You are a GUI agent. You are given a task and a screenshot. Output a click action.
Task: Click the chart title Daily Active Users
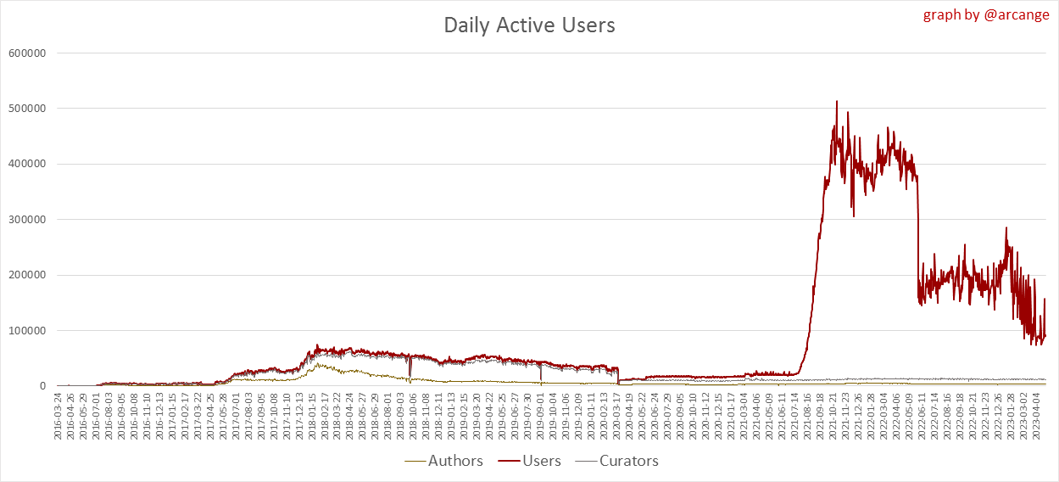click(529, 25)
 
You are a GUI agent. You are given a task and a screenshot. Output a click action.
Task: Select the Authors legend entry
click(455, 461)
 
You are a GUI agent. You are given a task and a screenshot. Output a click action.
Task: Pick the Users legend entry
click(542, 461)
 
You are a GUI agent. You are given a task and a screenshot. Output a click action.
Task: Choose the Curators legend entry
click(628, 461)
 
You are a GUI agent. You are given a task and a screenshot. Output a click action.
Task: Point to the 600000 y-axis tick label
click(27, 53)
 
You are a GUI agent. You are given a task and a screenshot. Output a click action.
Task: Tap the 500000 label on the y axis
click(27, 109)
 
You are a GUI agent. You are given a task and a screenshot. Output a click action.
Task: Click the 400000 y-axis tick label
click(27, 164)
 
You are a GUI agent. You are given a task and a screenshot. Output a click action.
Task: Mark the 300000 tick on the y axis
click(27, 220)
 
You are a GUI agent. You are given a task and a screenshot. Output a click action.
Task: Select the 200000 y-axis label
click(27, 275)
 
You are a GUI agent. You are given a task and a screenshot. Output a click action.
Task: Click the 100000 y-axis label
click(27, 331)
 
